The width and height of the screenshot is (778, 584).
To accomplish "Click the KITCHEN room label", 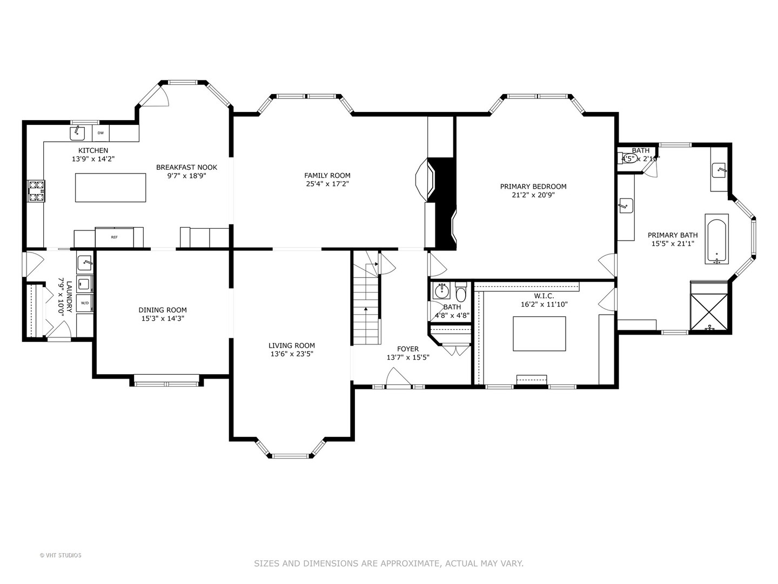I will coord(93,150).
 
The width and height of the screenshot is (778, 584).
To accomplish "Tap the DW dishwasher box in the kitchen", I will coord(100,132).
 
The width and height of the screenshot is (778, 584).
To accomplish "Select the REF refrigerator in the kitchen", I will coord(115,237).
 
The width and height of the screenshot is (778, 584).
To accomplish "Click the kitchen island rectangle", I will coord(110,187).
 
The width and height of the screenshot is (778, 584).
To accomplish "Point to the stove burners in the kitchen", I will coord(36,191).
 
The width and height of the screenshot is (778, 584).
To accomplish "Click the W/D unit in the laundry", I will coord(85,303).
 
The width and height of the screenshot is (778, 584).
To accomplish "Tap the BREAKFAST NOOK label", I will coord(186,167).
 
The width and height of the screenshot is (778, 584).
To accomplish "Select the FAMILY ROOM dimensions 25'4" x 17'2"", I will coord(327,184).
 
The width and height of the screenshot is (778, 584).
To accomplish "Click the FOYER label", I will coord(407,349).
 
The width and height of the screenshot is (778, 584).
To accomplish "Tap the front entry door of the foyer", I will coord(399,378).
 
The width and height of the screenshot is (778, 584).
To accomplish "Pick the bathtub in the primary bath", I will coord(716,238).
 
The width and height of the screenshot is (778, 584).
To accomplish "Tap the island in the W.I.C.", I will coord(539,334).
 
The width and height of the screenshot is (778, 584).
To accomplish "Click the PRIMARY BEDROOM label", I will coord(533,187).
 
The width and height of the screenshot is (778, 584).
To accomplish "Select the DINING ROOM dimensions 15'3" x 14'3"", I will coord(162,318).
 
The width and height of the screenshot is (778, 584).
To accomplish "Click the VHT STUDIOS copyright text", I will coord(61,555).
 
